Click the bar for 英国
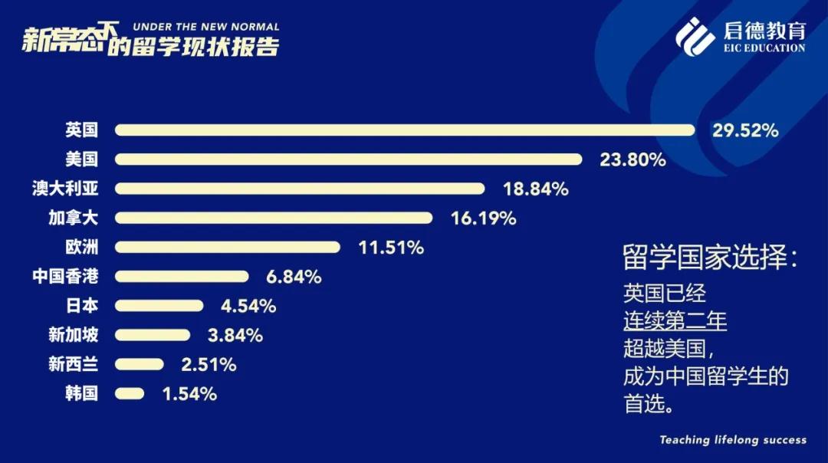tap(405, 130)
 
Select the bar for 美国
tap(349, 159)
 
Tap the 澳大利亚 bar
tap(300, 189)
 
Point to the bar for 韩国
tap(130, 393)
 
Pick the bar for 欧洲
tap(228, 247)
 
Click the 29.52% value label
tap(745, 130)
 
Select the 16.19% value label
tap(483, 218)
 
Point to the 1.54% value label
tap(189, 394)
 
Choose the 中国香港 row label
tap(65, 276)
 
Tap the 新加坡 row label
tap(73, 335)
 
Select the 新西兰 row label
tap(73, 364)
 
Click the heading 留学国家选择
tap(710, 258)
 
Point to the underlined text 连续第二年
tap(675, 320)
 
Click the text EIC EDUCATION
tap(764, 48)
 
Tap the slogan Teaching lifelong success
tap(733, 440)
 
